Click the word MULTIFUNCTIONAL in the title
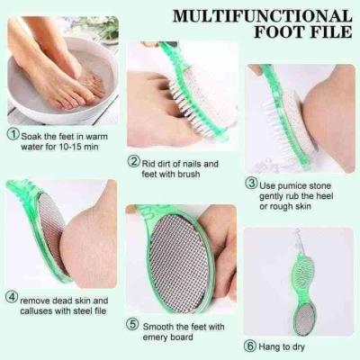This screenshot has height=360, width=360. (x=263, y=16)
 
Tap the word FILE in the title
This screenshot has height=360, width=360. (x=332, y=31)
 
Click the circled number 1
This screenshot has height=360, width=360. (x=13, y=134)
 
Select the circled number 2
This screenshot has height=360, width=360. (x=134, y=161)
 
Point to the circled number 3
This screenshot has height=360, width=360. (x=251, y=183)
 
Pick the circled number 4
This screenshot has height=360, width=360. (x=12, y=297)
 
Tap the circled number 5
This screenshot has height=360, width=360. (x=132, y=325)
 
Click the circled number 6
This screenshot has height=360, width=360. (x=249, y=346)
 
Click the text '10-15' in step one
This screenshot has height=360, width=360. (x=69, y=148)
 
